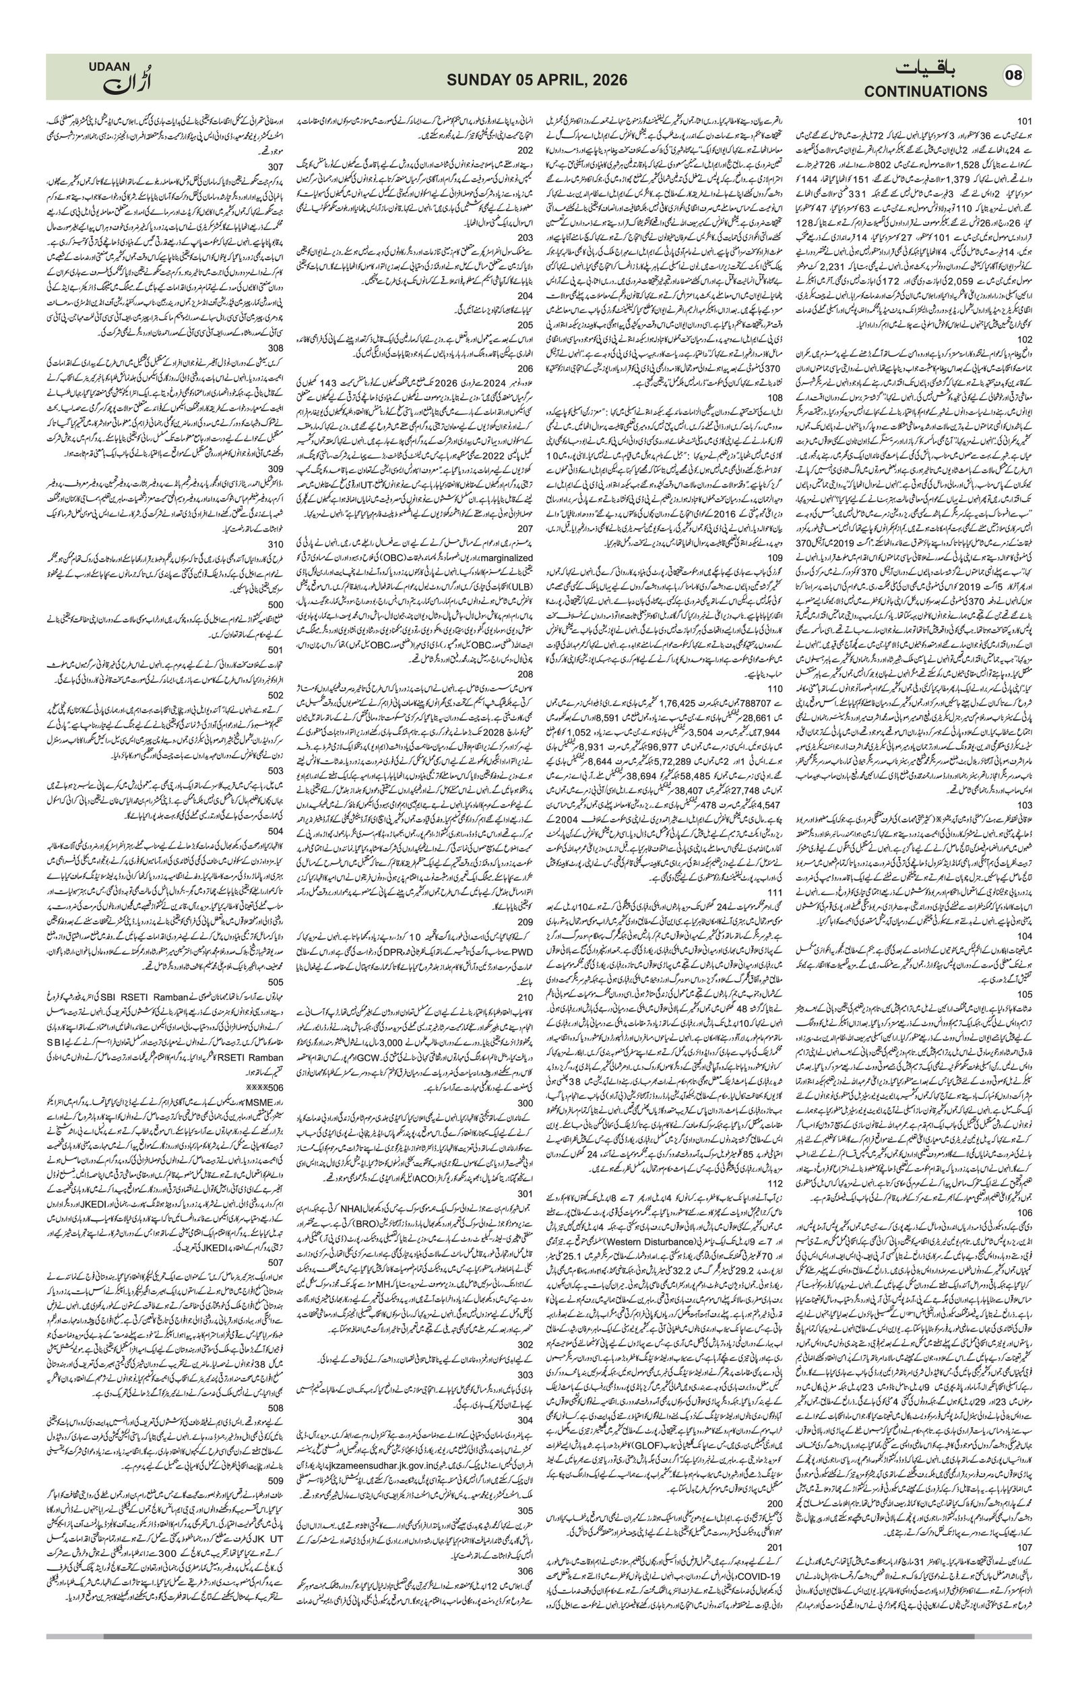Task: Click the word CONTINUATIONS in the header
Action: click(926, 92)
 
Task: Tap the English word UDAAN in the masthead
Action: click(110, 65)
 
